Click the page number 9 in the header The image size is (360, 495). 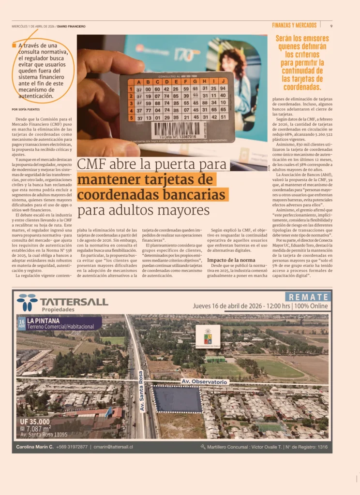[331, 26]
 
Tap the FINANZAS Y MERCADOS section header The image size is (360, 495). [294, 25]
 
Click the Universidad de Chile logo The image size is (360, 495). [208, 336]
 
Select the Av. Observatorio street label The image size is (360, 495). [205, 382]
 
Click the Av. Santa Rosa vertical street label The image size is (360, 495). [142, 391]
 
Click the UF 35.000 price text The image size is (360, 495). [35, 421]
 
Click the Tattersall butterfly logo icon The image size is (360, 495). [27, 302]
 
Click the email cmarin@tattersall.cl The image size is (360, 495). [113, 447]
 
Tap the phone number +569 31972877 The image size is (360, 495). [70, 447]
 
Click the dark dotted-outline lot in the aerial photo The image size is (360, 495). [177, 399]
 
